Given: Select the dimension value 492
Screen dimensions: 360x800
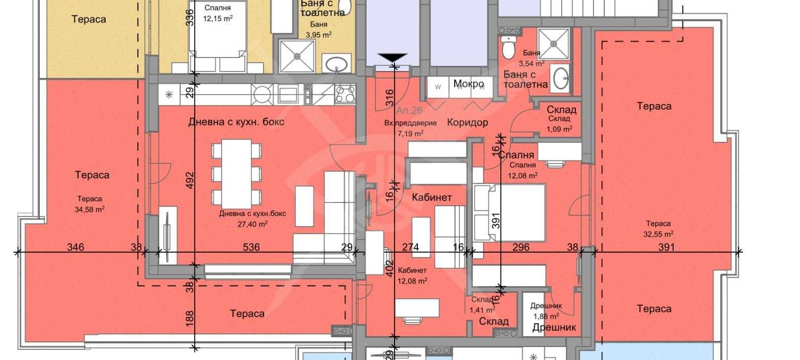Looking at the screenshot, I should (190, 180).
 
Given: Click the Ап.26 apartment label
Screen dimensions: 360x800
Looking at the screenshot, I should (410, 110).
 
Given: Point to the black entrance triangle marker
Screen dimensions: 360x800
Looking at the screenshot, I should (392, 57).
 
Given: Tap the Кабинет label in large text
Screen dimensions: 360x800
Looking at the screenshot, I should (432, 197).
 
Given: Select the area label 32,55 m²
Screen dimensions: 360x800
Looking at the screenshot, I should (658, 234).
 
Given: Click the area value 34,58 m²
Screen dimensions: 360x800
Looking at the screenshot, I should (90, 209).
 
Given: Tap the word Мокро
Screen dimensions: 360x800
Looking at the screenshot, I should (469, 84).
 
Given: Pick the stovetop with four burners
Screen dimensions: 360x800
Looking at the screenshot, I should (344, 94).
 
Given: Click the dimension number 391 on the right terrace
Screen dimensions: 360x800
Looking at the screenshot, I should (666, 248).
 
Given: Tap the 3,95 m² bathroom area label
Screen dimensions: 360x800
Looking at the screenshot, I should (318, 35).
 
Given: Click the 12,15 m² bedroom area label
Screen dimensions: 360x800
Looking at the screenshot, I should (217, 18).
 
